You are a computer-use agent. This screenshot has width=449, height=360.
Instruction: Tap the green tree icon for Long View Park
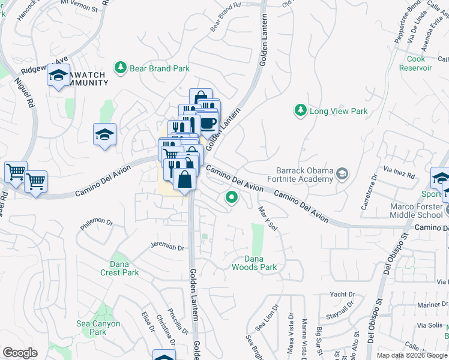[x=300, y=110]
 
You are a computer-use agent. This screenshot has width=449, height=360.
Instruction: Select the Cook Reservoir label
[x=415, y=63]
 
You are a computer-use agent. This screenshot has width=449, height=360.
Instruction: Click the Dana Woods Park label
[x=255, y=263]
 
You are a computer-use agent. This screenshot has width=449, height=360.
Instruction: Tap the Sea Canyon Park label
[x=98, y=328]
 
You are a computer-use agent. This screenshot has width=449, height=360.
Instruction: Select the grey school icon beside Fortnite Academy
[x=342, y=175]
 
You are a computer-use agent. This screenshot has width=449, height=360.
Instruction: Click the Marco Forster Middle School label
[x=416, y=211]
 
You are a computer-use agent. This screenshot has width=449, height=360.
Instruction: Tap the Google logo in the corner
[x=20, y=353]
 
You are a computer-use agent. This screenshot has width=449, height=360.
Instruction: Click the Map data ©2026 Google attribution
[x=412, y=355]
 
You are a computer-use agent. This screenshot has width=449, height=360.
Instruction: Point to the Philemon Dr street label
[x=96, y=224]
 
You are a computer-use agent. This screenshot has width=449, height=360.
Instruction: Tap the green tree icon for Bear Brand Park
[x=121, y=67]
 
